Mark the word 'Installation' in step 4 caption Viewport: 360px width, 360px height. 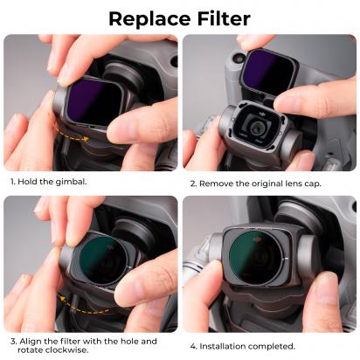(x=228, y=345)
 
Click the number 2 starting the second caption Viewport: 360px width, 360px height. (x=191, y=184)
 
